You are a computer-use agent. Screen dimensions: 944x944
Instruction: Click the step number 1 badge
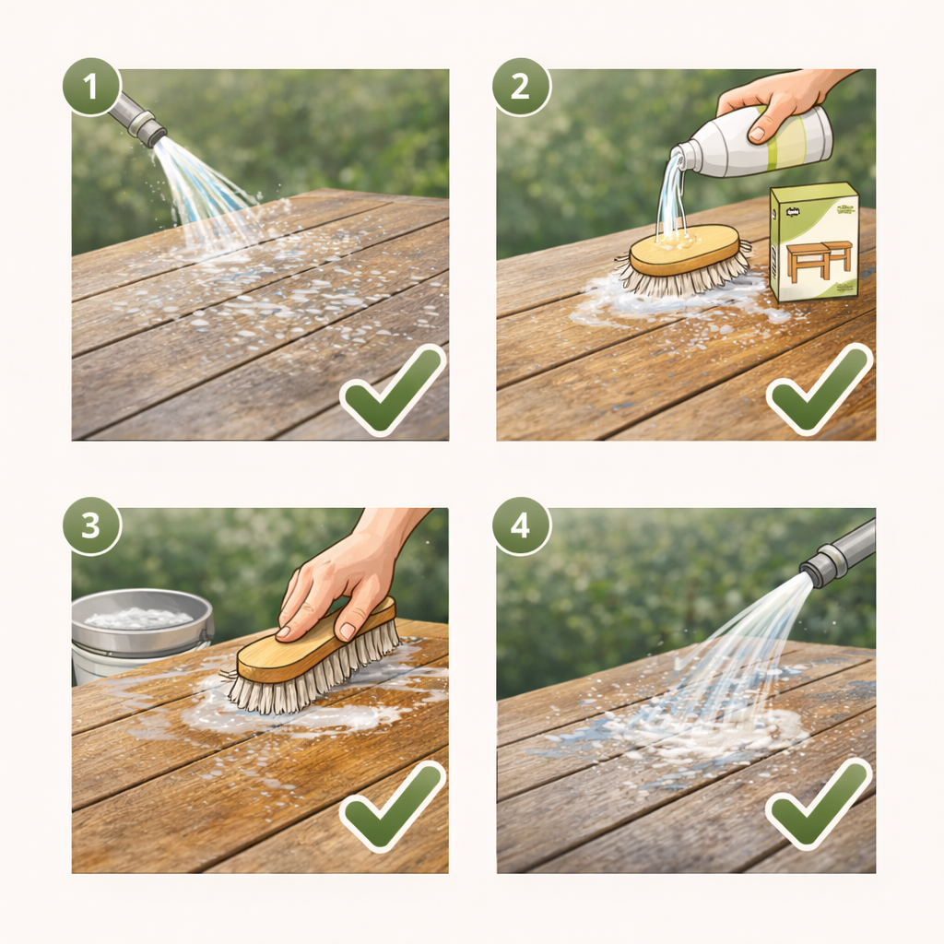(x=91, y=87)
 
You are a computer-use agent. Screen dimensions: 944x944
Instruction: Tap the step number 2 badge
(x=521, y=87)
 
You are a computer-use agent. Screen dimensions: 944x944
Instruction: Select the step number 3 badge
(x=91, y=526)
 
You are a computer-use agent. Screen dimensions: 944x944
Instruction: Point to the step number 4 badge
(x=521, y=526)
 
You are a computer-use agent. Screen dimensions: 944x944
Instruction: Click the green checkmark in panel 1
(x=392, y=392)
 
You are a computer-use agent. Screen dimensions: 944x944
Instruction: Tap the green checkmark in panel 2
(x=819, y=392)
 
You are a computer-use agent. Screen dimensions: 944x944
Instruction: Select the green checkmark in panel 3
(x=392, y=809)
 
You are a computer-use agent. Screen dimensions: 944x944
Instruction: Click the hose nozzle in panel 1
(x=138, y=121)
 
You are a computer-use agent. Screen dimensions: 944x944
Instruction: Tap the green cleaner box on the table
(x=813, y=242)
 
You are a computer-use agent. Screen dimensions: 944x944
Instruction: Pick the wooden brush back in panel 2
(x=684, y=249)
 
